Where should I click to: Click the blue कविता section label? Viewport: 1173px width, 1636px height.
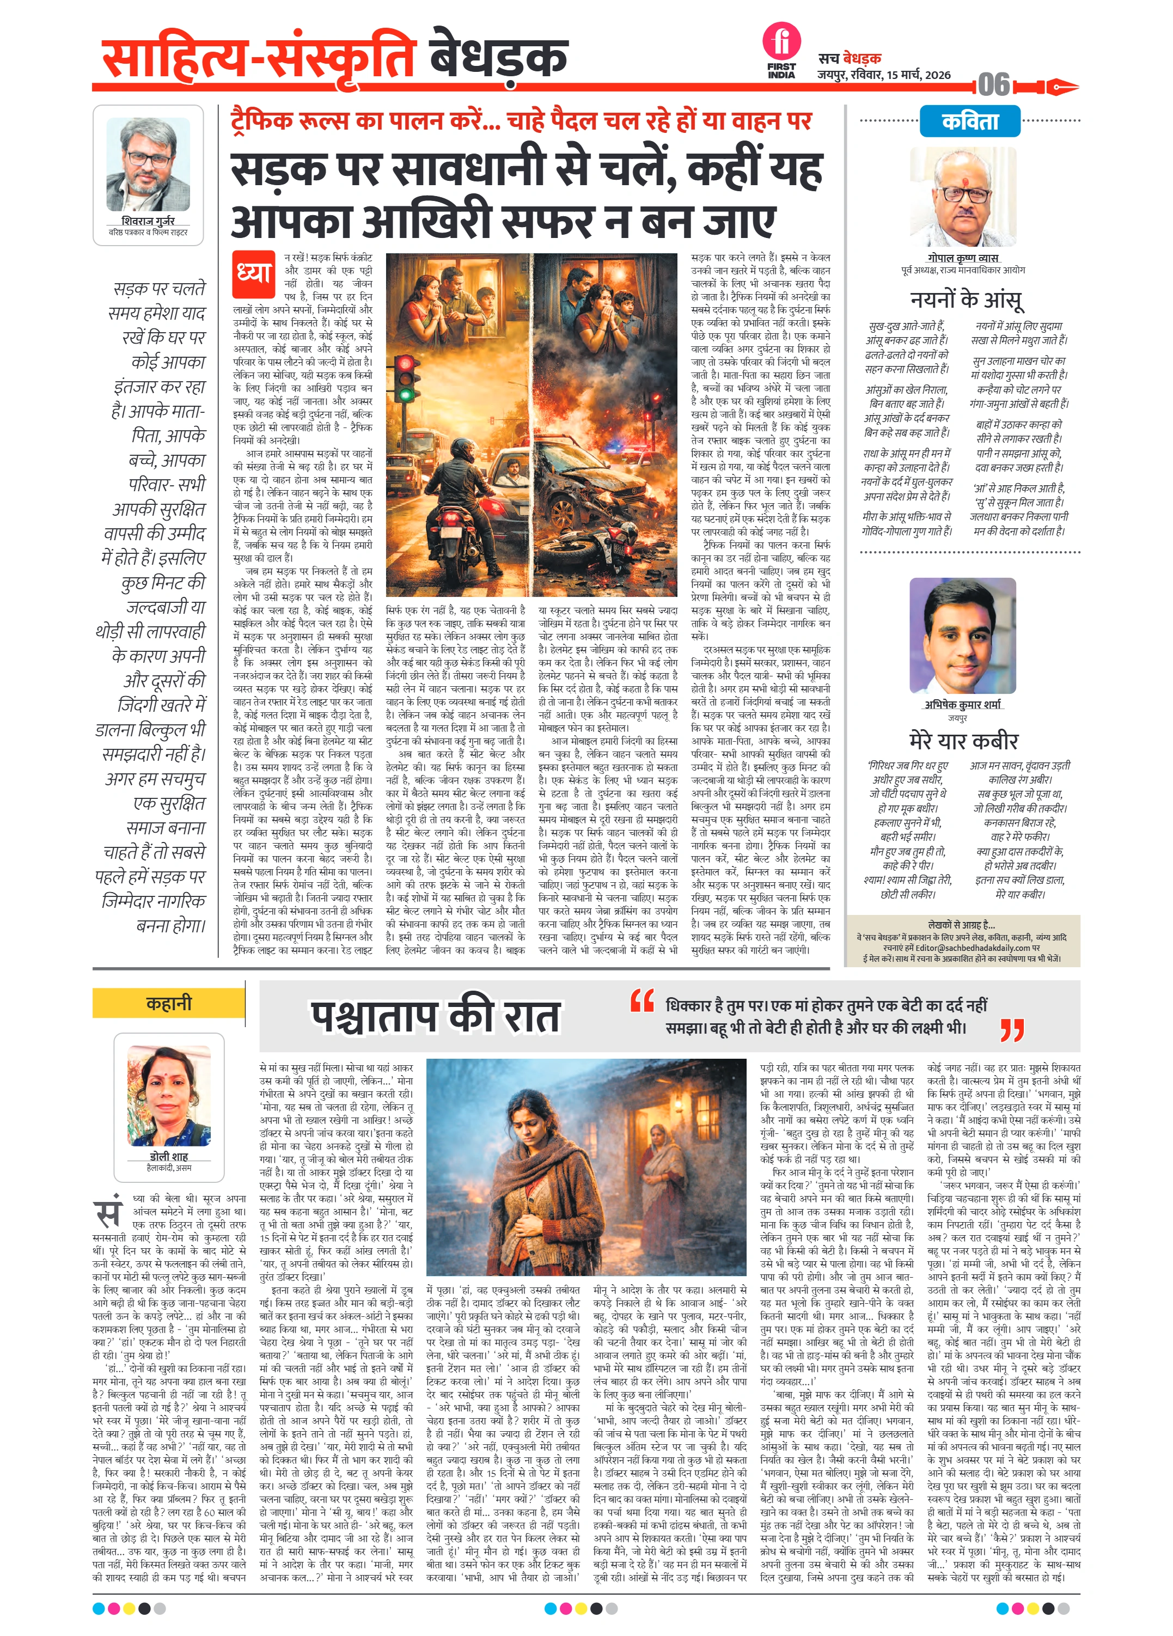click(969, 120)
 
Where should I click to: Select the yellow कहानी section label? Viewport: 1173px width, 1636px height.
click(169, 1003)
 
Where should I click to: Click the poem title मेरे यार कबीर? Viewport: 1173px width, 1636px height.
click(963, 740)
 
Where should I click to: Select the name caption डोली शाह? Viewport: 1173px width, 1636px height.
click(169, 1156)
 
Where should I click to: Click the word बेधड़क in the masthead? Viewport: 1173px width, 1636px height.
click(498, 56)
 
